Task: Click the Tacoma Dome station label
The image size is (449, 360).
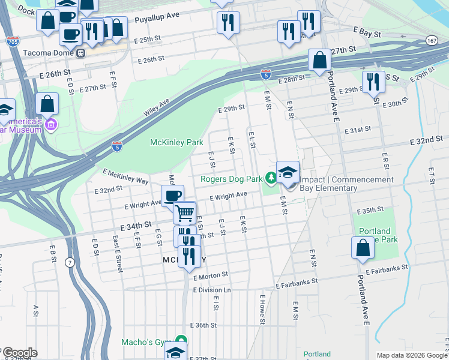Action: tap(48, 52)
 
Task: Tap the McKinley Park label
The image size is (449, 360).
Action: tap(176, 142)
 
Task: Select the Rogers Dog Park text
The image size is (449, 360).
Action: tap(231, 179)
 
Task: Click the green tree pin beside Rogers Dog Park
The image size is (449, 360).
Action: tap(271, 178)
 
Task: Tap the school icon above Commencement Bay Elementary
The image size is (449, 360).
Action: tap(288, 172)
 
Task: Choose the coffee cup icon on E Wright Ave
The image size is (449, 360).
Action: tap(173, 196)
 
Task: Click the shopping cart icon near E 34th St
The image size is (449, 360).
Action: tap(185, 212)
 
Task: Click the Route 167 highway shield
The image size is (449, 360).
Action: tap(432, 40)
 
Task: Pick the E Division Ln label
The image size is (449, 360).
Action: tap(212, 290)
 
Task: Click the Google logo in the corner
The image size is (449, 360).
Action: tap(19, 353)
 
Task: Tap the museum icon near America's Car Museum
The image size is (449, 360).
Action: tap(52, 125)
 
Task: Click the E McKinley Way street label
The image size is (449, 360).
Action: tap(125, 176)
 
